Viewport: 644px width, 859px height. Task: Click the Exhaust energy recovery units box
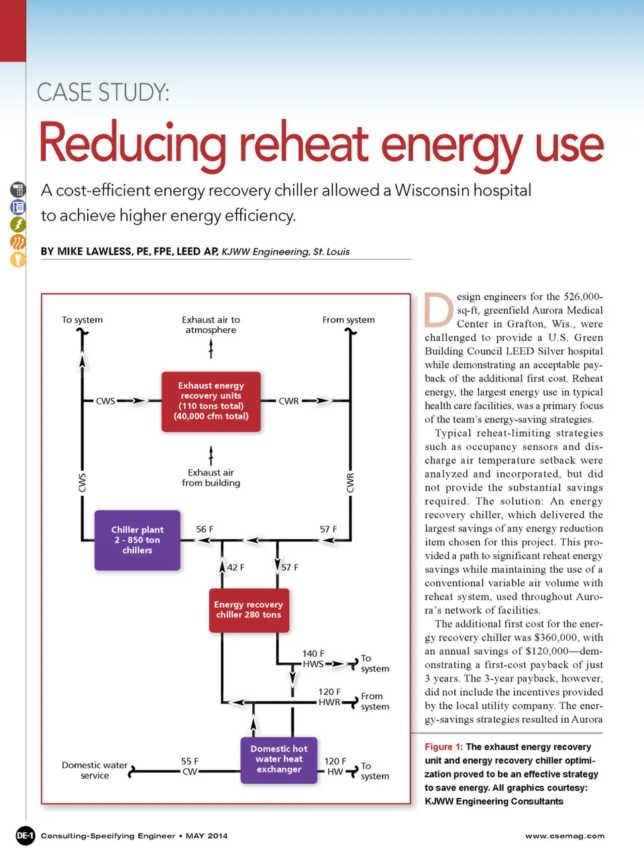[x=211, y=401]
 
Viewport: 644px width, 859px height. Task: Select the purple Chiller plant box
[x=138, y=540]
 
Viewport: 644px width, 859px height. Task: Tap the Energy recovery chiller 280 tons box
[x=249, y=610]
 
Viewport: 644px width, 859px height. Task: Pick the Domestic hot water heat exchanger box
[x=279, y=759]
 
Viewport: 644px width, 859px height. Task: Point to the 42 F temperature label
[x=235, y=568]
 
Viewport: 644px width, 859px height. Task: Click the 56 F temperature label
[x=205, y=529]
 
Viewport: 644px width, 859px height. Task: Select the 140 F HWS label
[x=313, y=659]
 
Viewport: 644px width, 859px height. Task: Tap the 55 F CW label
[x=190, y=766]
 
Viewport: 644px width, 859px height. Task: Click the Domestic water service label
[x=95, y=770]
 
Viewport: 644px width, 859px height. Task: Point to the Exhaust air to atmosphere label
[x=211, y=325]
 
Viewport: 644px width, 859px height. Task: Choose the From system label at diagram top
[x=348, y=320]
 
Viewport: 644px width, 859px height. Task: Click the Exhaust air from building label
[x=211, y=478]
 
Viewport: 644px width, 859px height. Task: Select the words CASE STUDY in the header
[x=103, y=92]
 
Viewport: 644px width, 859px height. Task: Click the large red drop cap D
[x=439, y=310]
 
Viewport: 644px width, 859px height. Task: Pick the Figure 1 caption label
[x=443, y=747]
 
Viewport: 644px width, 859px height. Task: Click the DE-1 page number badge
[x=25, y=835]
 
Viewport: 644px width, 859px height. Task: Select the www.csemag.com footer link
[x=565, y=836]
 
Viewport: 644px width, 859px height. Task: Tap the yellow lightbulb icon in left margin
[x=18, y=259]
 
